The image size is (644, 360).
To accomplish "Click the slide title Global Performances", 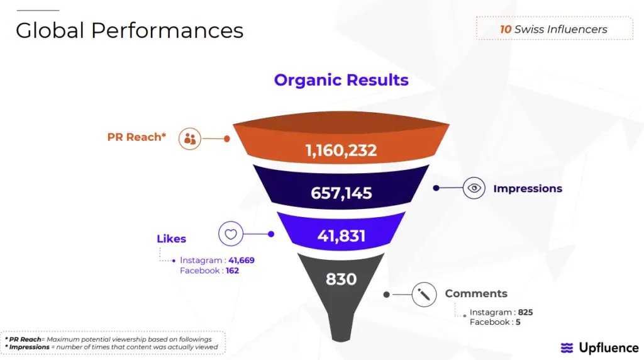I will coord(129,30).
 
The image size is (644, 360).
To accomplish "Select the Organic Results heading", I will coord(341,80).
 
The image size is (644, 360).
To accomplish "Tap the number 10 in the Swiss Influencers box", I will coord(506,29).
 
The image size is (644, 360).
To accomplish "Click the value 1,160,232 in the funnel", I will coord(341,150).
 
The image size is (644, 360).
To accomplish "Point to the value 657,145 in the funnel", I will coord(341,193).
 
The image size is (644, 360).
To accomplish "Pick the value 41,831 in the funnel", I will coord(341,236).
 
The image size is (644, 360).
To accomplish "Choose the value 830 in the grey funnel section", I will coord(341,279).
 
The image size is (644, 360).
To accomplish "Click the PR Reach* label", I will coord(136,137).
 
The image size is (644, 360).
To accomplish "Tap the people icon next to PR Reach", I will coord(189,138).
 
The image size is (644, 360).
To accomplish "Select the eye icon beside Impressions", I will coord(474,188).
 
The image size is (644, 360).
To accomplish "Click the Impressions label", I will coord(528,188).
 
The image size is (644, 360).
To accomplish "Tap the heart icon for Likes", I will coord(230,234).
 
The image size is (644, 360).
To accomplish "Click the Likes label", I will coord(171,239).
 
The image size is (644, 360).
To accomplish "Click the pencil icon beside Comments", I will coord(424,294).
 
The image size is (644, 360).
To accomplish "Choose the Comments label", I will coord(476,293).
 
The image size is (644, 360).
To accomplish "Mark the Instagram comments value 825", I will coord(525,312).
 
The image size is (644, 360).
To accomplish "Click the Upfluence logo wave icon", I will coord(567,348).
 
